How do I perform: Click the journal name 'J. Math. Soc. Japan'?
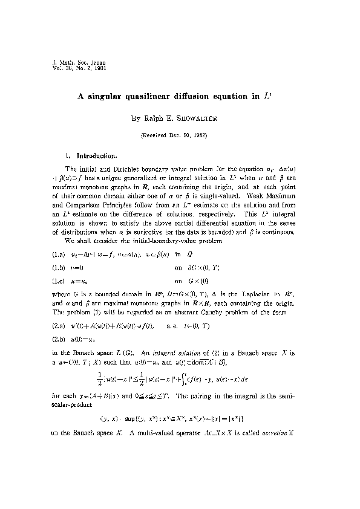point(67,62)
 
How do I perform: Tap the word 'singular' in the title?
point(108,96)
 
